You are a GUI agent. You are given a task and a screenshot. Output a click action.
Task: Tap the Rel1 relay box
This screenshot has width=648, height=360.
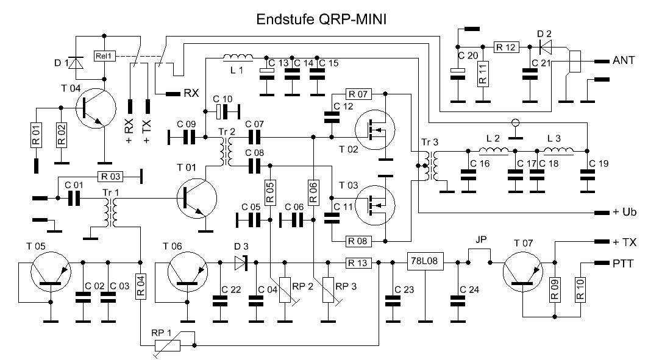pos(104,57)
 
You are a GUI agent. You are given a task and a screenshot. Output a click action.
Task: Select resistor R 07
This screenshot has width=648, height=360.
pos(358,94)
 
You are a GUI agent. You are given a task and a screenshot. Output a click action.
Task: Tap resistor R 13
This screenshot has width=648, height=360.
pos(358,263)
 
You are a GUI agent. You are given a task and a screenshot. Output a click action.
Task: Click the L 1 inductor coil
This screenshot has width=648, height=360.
pos(235,58)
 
